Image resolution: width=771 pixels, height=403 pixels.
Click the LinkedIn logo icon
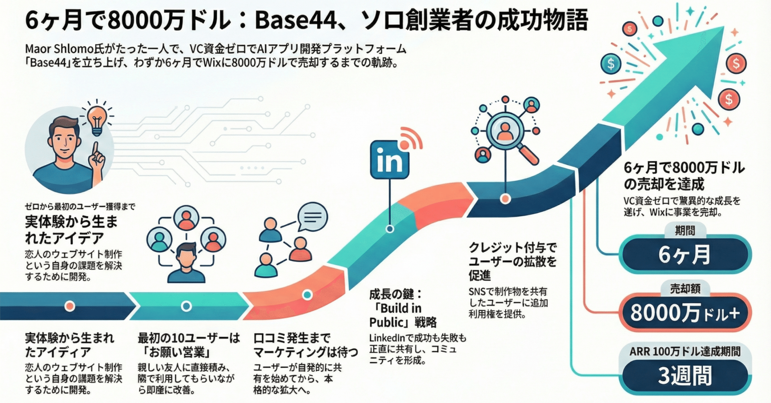[x=390, y=160]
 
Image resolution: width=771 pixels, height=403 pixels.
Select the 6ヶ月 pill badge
[x=684, y=254]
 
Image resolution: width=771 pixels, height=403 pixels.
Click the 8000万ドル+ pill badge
[x=684, y=313]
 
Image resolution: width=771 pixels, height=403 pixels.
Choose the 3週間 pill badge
[x=684, y=376]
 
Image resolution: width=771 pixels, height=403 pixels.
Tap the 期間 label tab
[x=685, y=231]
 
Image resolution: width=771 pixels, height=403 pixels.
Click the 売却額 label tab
[x=685, y=288]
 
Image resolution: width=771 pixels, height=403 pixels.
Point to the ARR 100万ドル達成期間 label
[x=685, y=352]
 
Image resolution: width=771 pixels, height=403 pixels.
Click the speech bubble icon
[x=312, y=217]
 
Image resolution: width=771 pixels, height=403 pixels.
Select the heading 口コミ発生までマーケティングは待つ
[x=305, y=345]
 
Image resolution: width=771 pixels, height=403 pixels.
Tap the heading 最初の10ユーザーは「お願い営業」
[x=189, y=345]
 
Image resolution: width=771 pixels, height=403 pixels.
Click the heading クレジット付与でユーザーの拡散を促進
[x=512, y=261]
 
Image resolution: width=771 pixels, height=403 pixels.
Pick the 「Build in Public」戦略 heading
[x=402, y=315]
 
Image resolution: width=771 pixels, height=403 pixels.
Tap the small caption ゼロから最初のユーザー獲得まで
[x=80, y=207]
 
